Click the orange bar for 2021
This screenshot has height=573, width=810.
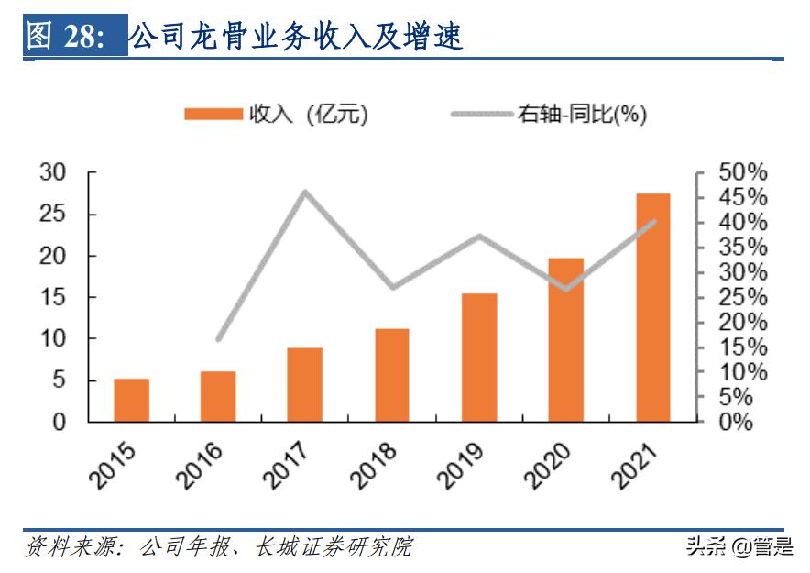click(652, 308)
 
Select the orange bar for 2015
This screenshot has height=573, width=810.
click(131, 401)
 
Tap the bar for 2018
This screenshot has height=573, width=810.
click(391, 375)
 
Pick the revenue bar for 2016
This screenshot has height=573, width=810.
click(218, 397)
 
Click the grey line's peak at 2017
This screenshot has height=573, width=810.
click(305, 192)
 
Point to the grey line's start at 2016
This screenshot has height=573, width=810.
click(218, 339)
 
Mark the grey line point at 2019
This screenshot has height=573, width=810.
click(478, 236)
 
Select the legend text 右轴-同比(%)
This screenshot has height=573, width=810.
click(583, 114)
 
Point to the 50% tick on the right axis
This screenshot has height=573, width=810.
click(742, 172)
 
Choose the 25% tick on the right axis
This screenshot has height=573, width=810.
click(742, 297)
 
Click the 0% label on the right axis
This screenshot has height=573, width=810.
click(736, 423)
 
